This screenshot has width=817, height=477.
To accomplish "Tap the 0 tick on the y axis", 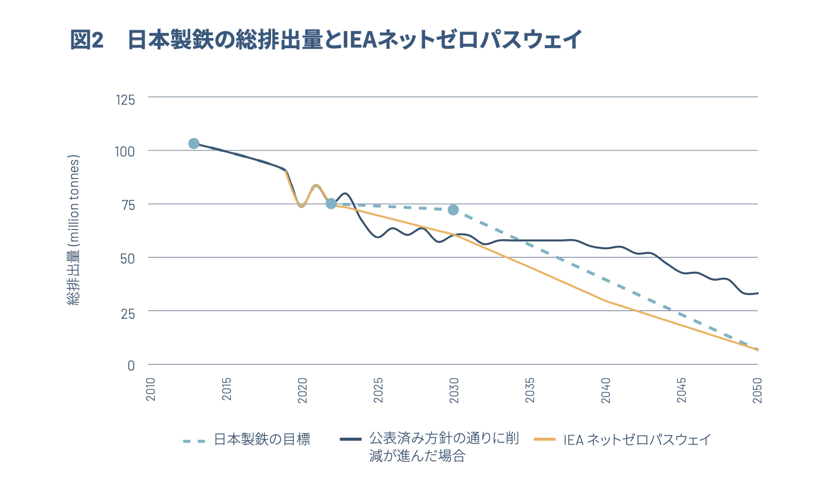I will click(131, 365).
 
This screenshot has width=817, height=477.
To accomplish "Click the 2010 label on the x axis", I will click(150, 390).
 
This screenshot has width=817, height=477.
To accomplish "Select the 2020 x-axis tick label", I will click(302, 390).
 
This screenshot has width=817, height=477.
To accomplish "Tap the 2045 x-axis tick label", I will click(682, 390).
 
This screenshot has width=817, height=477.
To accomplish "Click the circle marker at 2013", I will click(194, 143).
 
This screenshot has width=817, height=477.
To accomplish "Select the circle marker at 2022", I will click(331, 203).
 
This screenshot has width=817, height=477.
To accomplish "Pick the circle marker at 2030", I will click(453, 209).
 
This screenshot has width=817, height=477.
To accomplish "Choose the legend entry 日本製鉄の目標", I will click(262, 440).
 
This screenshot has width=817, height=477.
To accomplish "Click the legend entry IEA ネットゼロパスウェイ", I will click(637, 440).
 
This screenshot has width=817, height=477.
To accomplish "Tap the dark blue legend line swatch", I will click(351, 440).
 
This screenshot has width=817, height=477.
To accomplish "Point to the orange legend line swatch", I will click(545, 440).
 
